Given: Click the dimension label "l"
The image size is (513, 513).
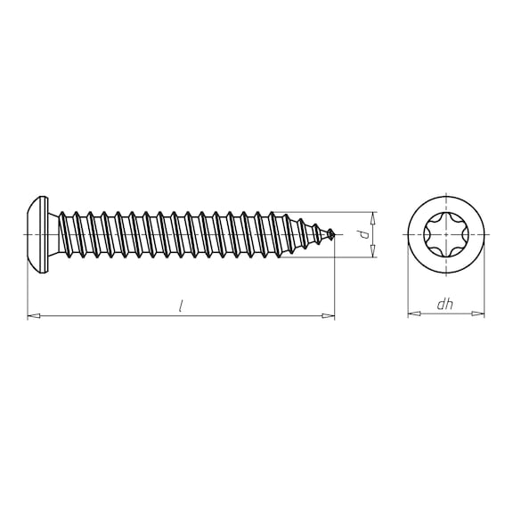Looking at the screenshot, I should [x=181, y=305].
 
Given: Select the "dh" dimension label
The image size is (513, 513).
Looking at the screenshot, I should [x=445, y=305].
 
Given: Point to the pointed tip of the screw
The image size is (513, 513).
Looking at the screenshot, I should [x=333, y=234].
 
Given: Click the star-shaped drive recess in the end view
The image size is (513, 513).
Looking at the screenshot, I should [x=446, y=234].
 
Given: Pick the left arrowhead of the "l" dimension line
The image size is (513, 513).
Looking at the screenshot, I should [x=32, y=315].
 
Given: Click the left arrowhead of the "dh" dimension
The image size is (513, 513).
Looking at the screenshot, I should [x=411, y=313].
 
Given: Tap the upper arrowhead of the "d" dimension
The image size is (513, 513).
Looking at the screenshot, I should [x=372, y=216].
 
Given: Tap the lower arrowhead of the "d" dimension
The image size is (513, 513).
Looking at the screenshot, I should [x=372, y=253].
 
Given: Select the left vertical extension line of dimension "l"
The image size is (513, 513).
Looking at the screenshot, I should [x=28, y=285].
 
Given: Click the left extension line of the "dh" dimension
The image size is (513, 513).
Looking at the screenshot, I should [x=407, y=285].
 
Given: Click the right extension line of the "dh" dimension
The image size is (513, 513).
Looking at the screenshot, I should [x=485, y=285].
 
